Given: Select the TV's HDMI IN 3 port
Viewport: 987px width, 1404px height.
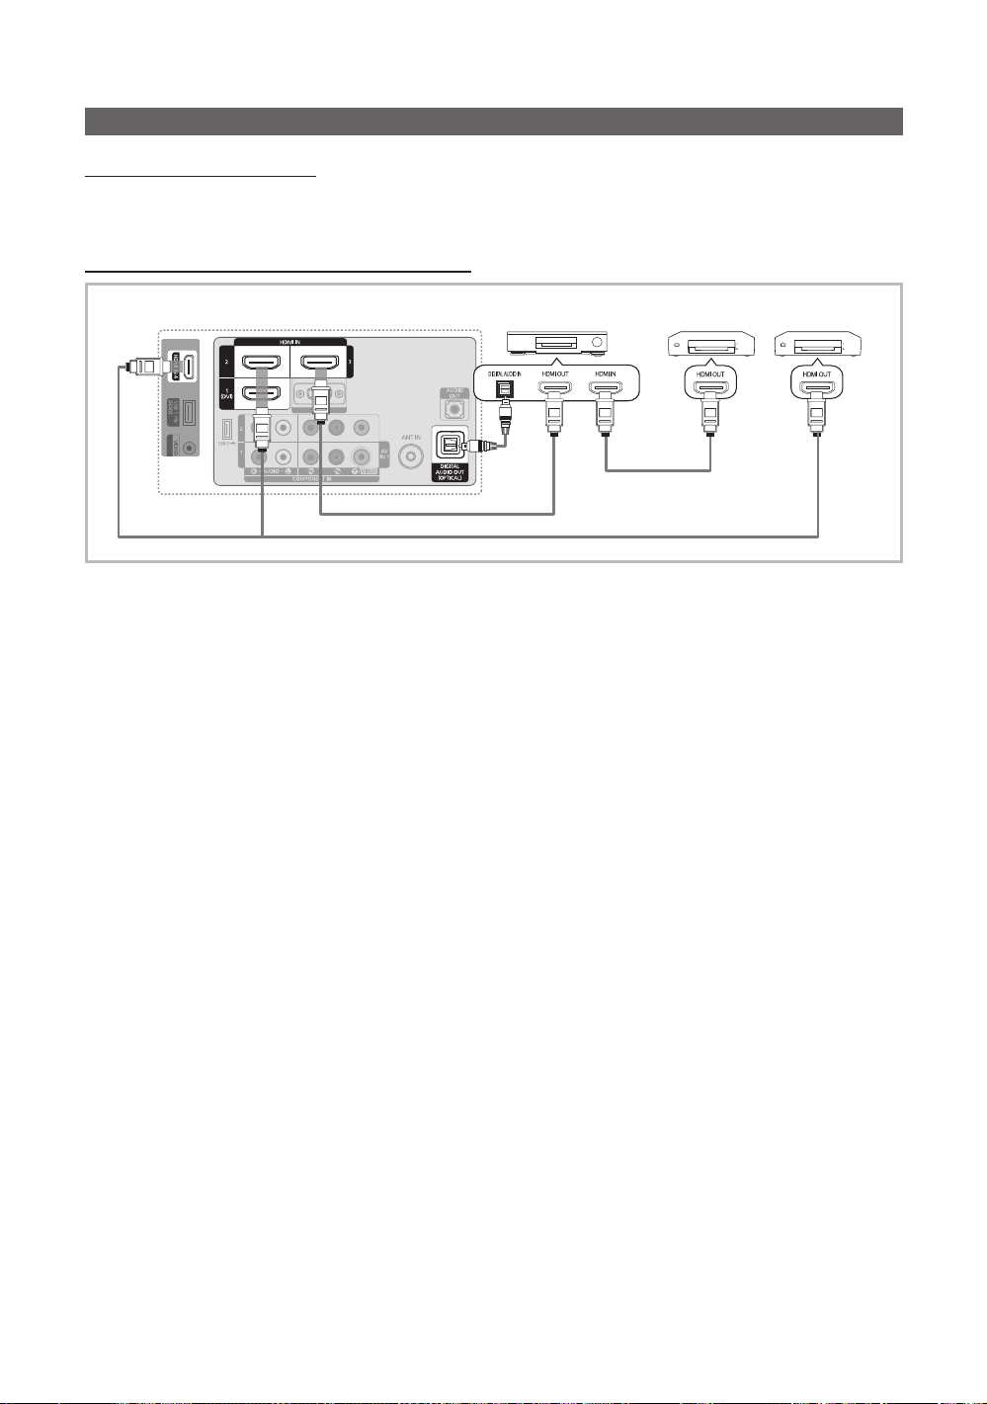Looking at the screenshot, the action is point(319,361).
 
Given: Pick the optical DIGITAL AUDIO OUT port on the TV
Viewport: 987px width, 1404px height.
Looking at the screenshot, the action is point(451,445).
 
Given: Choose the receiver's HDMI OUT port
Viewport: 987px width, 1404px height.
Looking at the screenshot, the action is point(554,388).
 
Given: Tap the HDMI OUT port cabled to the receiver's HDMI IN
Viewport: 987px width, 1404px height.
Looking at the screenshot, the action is point(709,388).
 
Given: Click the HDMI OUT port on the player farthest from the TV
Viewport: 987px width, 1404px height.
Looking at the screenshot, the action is point(816,388).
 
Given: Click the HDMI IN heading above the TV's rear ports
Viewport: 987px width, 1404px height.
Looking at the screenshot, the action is point(290,341).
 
